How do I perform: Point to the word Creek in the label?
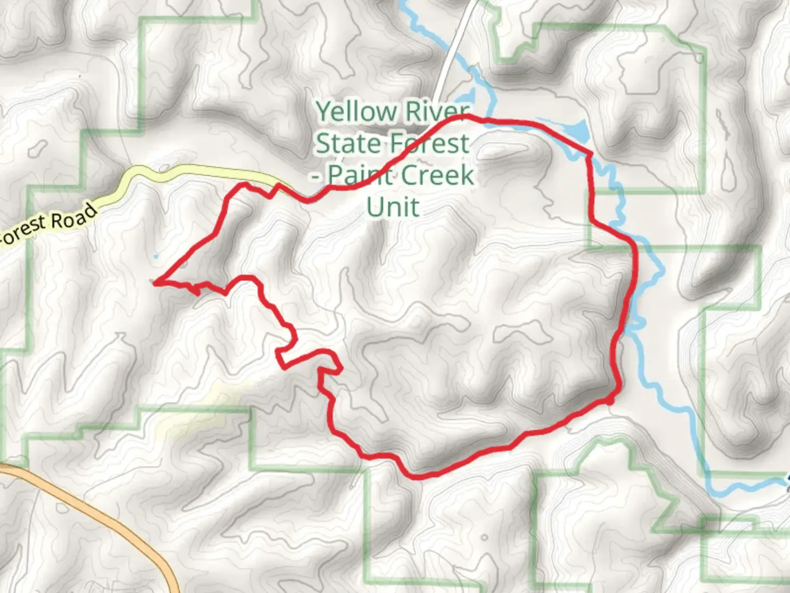[x=437, y=176]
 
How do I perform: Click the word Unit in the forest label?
[x=393, y=208]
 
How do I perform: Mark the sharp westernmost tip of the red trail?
[x=156, y=282]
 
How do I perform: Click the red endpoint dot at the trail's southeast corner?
[x=610, y=401]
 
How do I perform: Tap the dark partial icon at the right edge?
[x=787, y=480]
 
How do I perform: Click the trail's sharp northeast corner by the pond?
[x=589, y=154]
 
